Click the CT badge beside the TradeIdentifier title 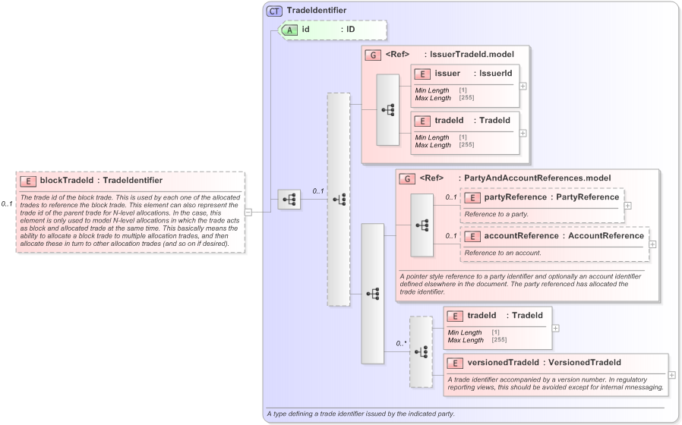(275, 11)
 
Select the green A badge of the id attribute (289, 30)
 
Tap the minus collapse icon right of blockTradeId (248, 212)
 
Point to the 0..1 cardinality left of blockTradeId (8, 204)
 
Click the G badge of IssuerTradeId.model (372, 55)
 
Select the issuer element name (447, 74)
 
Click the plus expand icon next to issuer (523, 86)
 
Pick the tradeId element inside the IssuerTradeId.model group (449, 121)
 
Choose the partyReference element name (516, 197)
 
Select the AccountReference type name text (606, 236)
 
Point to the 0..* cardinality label (402, 344)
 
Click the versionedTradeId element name (503, 363)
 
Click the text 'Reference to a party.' (496, 215)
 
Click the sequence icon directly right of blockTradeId (289, 200)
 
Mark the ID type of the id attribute (351, 30)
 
